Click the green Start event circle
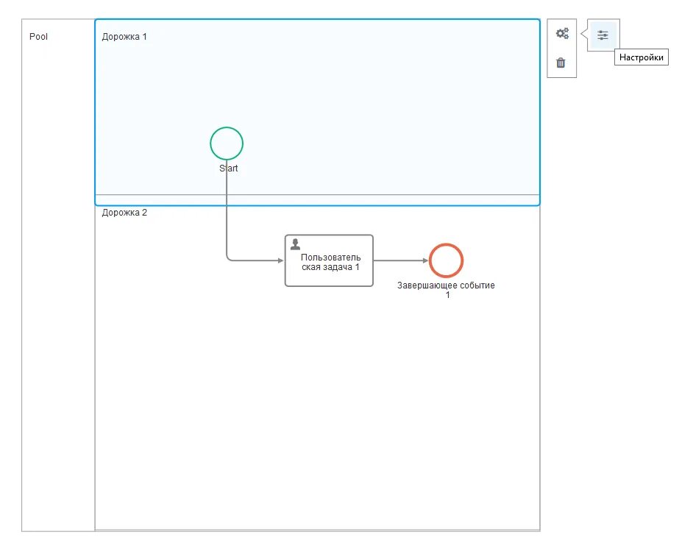pyautogui.click(x=227, y=143)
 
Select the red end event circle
pyautogui.click(x=446, y=260)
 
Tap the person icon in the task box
pyautogui.click(x=296, y=244)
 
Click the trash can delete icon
pyautogui.click(x=561, y=63)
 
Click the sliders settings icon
pyautogui.click(x=603, y=35)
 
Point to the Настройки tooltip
pyautogui.click(x=641, y=57)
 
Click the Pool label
pyautogui.click(x=39, y=36)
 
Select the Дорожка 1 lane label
pyautogui.click(x=124, y=36)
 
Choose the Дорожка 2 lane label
pyautogui.click(x=124, y=213)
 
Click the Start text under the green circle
pyautogui.click(x=229, y=168)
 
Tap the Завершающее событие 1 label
pyautogui.click(x=446, y=290)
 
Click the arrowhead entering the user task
pyautogui.click(x=280, y=260)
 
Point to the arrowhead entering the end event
pyautogui.click(x=425, y=260)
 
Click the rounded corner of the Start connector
pyautogui.click(x=229, y=258)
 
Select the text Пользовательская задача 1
pyautogui.click(x=331, y=262)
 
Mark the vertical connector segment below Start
pyautogui.click(x=227, y=213)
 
